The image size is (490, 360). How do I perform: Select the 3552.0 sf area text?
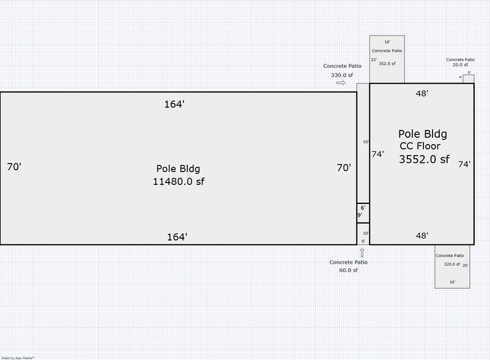click(x=424, y=160)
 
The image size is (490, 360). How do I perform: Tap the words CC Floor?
click(x=420, y=146)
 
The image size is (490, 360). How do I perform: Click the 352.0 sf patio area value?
click(x=387, y=63)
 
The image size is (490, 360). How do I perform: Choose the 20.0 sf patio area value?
click(x=460, y=65)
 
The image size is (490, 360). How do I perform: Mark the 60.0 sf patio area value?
click(x=348, y=270)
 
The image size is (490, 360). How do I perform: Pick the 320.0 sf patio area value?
click(x=451, y=264)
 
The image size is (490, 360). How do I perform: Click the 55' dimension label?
click(x=366, y=142)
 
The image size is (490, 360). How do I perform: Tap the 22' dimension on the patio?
click(x=373, y=59)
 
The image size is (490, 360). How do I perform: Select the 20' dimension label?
click(x=466, y=265)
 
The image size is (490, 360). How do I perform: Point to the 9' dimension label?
click(x=360, y=216)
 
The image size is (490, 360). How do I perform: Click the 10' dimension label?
click(x=366, y=233)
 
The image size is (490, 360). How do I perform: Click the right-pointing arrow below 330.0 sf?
click(x=341, y=83)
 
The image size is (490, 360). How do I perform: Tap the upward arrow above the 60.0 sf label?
click(x=362, y=252)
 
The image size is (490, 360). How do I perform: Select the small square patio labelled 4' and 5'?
click(x=469, y=78)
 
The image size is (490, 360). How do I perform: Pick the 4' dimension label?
click(x=461, y=78)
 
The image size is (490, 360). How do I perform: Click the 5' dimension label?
click(x=469, y=72)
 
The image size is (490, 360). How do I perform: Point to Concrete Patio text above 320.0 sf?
click(x=450, y=255)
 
